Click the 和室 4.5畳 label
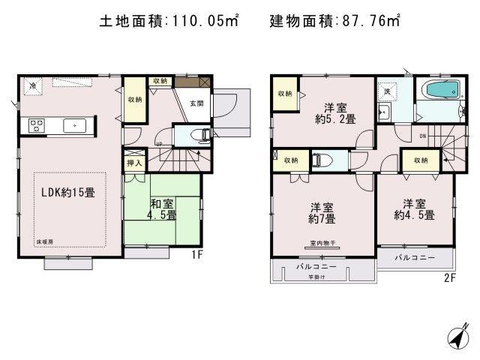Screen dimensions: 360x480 (161, 208)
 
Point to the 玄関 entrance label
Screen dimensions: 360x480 (196, 104)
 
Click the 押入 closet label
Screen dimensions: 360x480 (133, 163)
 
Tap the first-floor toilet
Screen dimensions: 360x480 (202, 136)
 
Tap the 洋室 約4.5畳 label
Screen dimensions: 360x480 (418, 208)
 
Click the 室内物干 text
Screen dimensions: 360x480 (323, 243)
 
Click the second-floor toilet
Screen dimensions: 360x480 (319, 160)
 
